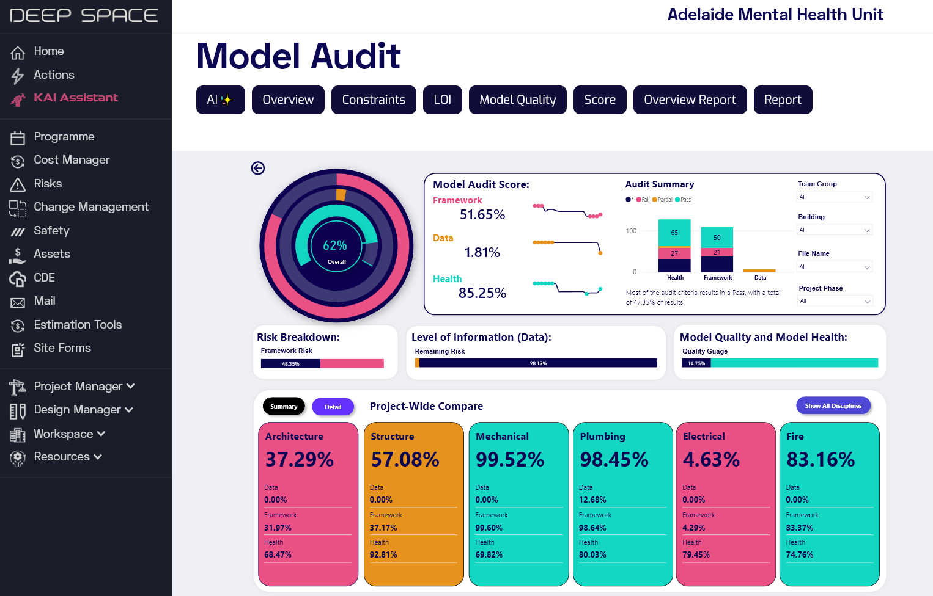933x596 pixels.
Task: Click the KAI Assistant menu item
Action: (x=75, y=98)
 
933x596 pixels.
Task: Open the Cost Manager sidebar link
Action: (x=72, y=160)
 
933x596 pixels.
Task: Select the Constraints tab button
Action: (x=374, y=100)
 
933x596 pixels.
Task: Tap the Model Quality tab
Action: (x=517, y=100)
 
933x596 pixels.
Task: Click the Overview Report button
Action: (x=690, y=100)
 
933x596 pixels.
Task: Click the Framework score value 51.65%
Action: (x=482, y=215)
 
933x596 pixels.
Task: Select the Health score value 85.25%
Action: (x=482, y=294)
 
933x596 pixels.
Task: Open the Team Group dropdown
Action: (x=835, y=197)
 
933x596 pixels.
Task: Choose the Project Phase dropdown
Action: (x=835, y=301)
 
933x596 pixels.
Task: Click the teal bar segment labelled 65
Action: (x=674, y=233)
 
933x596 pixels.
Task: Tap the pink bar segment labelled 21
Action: (x=717, y=252)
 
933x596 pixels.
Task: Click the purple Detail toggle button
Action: (x=333, y=407)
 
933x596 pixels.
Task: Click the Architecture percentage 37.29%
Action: (x=300, y=460)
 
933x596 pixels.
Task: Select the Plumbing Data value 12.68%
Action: (x=592, y=500)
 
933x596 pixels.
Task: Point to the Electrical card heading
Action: (x=704, y=437)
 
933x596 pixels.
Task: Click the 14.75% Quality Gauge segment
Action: (x=696, y=363)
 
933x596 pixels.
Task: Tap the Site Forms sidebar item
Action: (x=62, y=348)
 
